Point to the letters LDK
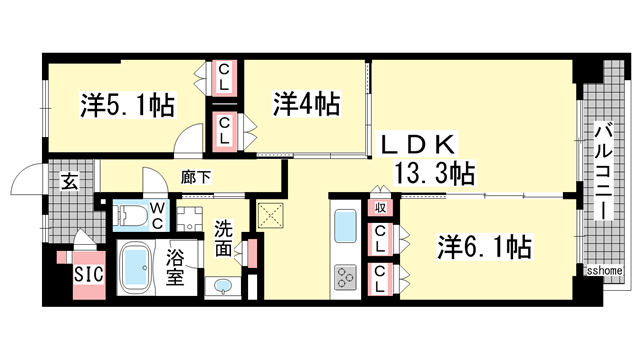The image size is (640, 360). pyautogui.click(x=417, y=144)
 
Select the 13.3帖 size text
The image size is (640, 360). pyautogui.click(x=434, y=173)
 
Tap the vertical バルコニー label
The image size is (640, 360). pyautogui.click(x=603, y=170)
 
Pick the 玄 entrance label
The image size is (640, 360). pyautogui.click(x=70, y=182)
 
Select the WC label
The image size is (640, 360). pyautogui.click(x=157, y=214)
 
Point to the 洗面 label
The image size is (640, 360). pyautogui.click(x=224, y=236)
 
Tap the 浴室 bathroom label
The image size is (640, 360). pyautogui.click(x=176, y=263)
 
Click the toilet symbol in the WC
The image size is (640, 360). pyautogui.click(x=131, y=214)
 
